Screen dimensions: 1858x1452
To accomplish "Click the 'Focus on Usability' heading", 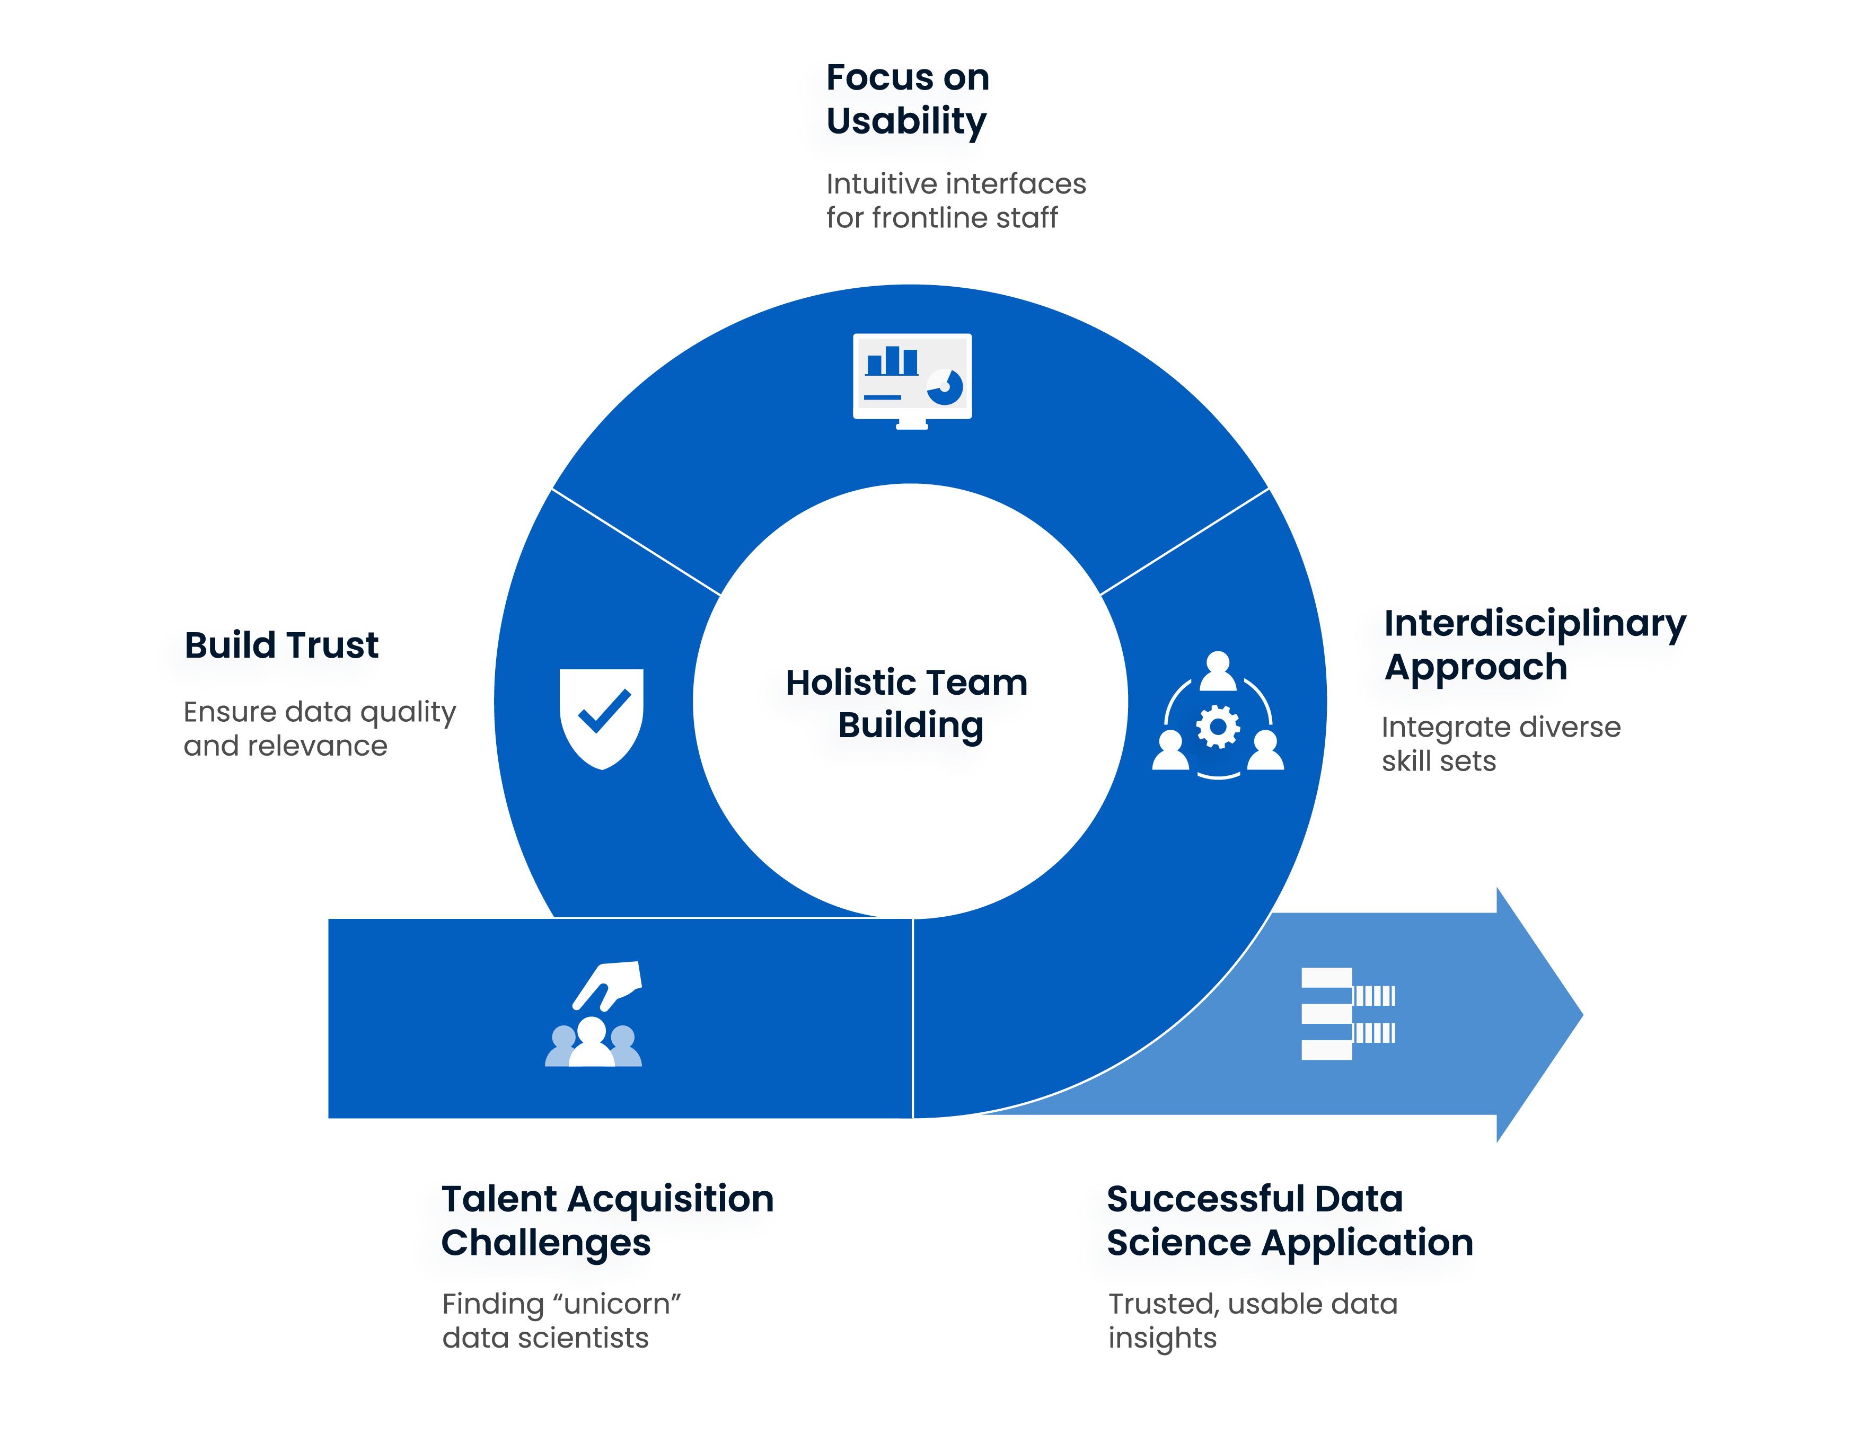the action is pos(907,99).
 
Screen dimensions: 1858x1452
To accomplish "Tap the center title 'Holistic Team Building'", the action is pos(907,703).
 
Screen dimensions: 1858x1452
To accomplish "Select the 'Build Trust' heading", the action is pos(281,645).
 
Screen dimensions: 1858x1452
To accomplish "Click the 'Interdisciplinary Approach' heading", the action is pos(1534,645).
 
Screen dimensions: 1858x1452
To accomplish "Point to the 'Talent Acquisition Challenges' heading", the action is pos(607,1220).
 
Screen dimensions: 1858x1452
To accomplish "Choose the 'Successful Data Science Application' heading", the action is pos(1290,1220).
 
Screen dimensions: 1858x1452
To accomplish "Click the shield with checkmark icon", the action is pos(602,717).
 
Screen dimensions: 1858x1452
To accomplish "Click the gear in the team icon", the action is pos(1218,727).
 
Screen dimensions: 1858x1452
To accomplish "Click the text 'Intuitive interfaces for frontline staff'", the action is pos(955,201).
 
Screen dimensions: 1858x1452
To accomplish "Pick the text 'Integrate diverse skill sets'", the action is pos(1500,743).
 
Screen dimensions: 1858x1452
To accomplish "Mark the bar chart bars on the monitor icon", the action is pos(892,361).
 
